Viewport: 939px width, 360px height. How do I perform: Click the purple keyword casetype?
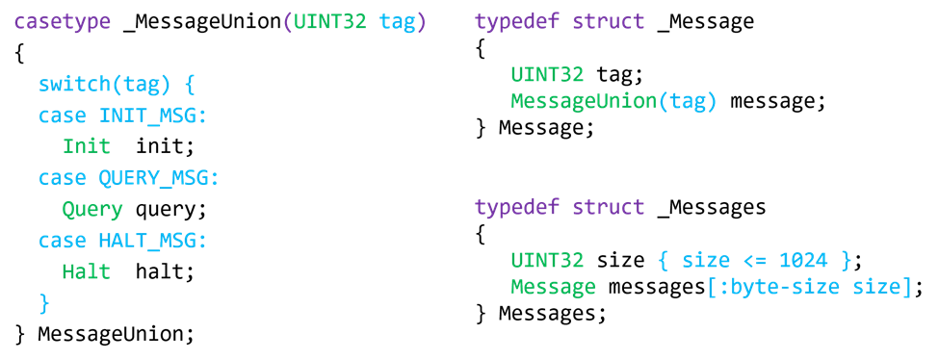coord(63,22)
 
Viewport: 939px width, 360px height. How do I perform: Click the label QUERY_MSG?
coord(153,178)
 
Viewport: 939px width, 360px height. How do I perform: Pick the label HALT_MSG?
coord(147,241)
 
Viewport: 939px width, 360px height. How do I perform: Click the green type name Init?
coord(87,146)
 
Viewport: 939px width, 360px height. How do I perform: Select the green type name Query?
coord(92,210)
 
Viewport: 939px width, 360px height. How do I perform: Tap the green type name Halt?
coord(87,271)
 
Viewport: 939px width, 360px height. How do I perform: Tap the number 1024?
coord(803,260)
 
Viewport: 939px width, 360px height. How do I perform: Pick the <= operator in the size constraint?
coord(755,260)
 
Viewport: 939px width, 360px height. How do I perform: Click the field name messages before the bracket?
coord(657,287)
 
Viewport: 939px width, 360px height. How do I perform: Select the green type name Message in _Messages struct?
coord(554,287)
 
